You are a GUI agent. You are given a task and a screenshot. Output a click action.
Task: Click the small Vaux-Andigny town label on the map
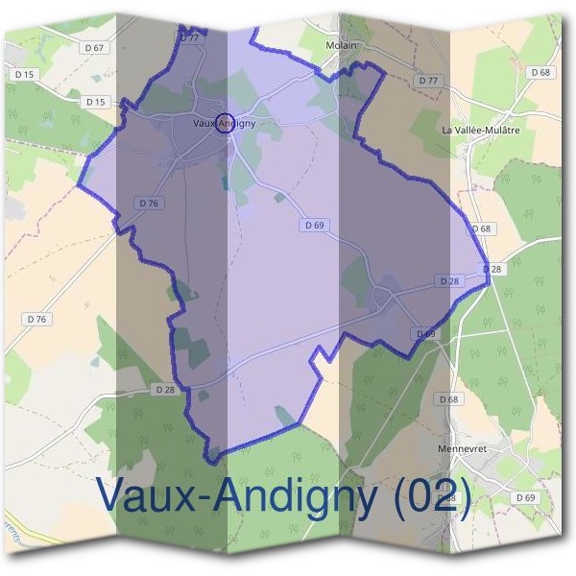[x=225, y=123]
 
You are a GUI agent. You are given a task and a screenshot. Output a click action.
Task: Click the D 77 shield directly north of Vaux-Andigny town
[x=189, y=36]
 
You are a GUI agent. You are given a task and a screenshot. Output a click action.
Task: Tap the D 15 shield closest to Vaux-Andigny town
[x=94, y=102]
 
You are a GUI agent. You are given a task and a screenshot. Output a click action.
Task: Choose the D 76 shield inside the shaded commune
[x=148, y=203]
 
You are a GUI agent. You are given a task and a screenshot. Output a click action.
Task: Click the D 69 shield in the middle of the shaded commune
[x=314, y=225]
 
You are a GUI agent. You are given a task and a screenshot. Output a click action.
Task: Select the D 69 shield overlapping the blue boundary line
[x=425, y=333]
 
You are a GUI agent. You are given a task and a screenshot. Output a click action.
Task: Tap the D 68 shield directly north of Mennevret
[x=448, y=398]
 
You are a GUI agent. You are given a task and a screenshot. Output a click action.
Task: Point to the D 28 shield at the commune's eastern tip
[x=492, y=269]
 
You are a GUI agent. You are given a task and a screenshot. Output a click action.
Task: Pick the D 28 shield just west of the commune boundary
[x=165, y=390]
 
